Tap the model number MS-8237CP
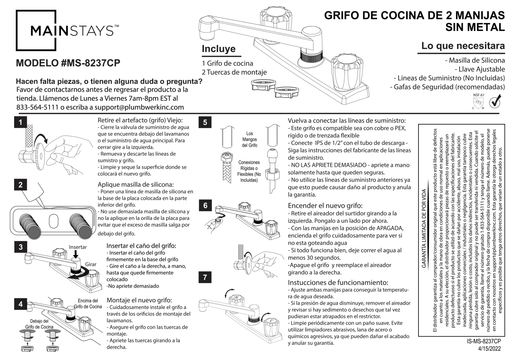click(x=68, y=63)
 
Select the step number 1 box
click(x=21, y=123)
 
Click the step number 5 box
click(x=205, y=122)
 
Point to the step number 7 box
click(x=205, y=277)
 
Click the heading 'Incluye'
click(x=218, y=49)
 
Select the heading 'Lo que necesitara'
click(x=463, y=46)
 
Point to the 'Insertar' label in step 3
click(x=78, y=247)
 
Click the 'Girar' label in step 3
click(x=91, y=264)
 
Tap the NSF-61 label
click(x=478, y=95)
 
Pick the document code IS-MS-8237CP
click(x=484, y=341)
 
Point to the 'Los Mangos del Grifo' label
click(x=249, y=139)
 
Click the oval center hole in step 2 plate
click(x=54, y=221)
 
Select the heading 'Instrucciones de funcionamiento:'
click(x=338, y=283)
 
